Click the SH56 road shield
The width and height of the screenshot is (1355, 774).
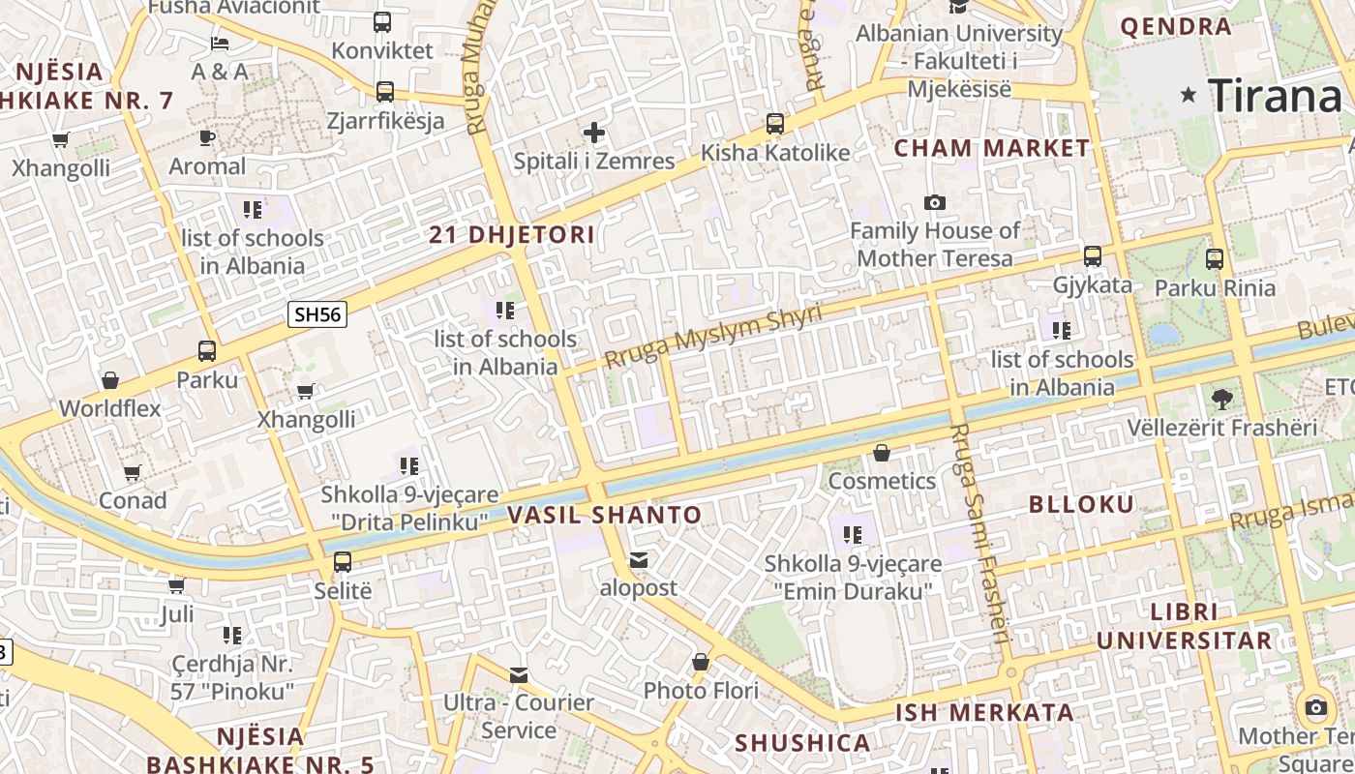tap(318, 313)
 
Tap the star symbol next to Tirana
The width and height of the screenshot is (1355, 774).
tap(1189, 95)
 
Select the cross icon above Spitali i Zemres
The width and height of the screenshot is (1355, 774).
tap(594, 133)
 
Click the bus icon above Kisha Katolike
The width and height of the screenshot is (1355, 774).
tap(775, 124)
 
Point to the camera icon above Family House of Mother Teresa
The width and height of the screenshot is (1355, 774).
tap(934, 202)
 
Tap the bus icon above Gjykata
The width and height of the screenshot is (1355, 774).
tap(1093, 256)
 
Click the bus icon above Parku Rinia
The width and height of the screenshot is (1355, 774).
tap(1215, 258)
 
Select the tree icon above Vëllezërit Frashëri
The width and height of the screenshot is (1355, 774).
tap(1222, 399)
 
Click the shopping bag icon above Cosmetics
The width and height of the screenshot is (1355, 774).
tap(882, 453)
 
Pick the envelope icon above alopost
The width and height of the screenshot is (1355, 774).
tap(639, 560)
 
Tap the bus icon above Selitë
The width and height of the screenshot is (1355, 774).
tap(343, 561)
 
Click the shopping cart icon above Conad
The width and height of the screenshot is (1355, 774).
tap(133, 472)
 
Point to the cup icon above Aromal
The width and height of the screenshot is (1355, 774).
tap(207, 137)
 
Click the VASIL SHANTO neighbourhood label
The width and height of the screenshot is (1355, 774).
tap(605, 516)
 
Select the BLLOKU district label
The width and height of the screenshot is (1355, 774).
tap(1081, 504)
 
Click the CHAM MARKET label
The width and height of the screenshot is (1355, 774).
tap(992, 149)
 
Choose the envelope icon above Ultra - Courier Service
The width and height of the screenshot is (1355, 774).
tap(519, 674)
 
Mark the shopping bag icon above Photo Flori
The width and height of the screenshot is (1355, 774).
tap(701, 663)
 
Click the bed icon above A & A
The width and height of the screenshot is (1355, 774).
tap(220, 44)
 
